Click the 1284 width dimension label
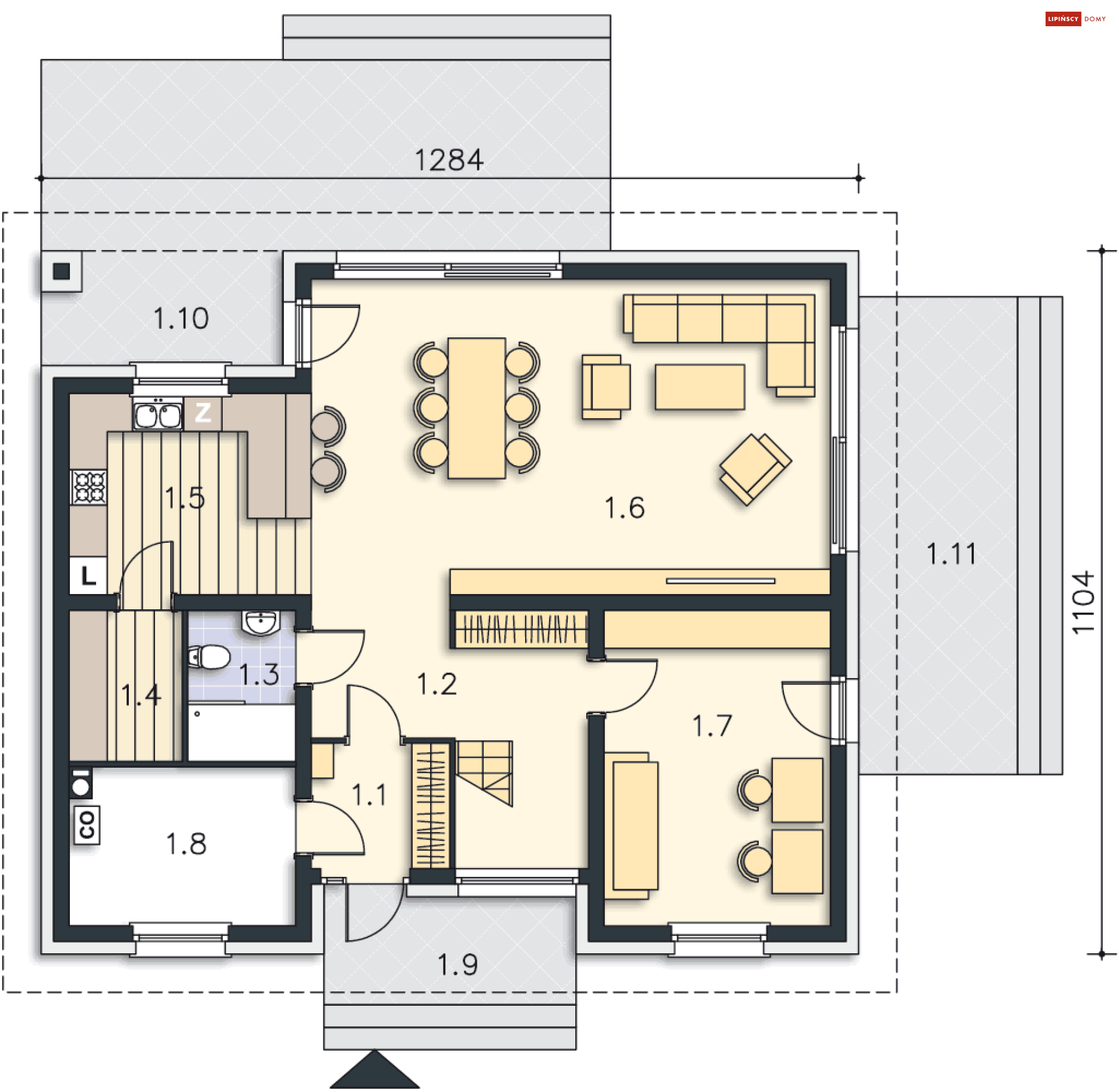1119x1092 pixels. click(x=449, y=160)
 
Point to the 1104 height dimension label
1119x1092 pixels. click(x=1083, y=603)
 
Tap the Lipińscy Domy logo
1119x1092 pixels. click(x=1076, y=19)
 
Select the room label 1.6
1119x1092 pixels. click(x=624, y=508)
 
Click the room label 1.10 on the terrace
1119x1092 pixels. click(x=181, y=318)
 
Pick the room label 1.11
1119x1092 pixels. click(x=951, y=553)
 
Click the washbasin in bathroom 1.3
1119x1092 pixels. click(x=261, y=622)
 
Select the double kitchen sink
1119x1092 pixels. click(x=157, y=415)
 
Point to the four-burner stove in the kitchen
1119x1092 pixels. click(x=89, y=487)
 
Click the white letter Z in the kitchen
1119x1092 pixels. click(x=203, y=413)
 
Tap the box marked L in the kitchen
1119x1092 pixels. click(x=88, y=576)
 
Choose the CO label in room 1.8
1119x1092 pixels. click(x=87, y=825)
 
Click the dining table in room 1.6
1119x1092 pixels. click(x=476, y=408)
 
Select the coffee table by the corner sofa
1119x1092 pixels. click(x=700, y=387)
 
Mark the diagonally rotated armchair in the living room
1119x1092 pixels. click(x=755, y=469)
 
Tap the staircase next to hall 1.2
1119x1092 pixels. click(x=484, y=774)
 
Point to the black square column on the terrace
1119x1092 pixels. click(x=61, y=271)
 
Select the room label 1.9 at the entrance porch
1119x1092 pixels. click(x=458, y=965)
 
